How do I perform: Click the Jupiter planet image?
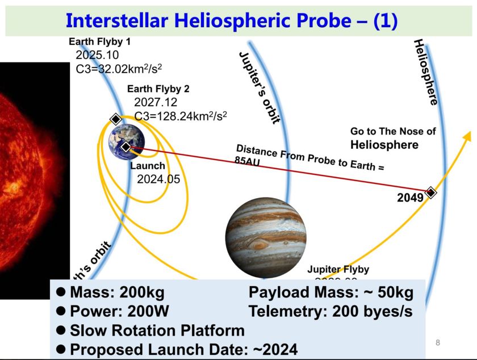click(x=266, y=237)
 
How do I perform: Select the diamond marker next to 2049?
click(x=430, y=192)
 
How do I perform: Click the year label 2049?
click(x=410, y=198)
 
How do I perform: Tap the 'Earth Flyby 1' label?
click(x=99, y=41)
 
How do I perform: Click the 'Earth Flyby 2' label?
click(x=158, y=89)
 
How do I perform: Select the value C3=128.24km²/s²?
click(x=181, y=116)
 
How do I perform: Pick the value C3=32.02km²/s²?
click(x=119, y=69)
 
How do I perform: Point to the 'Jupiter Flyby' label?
click(x=338, y=269)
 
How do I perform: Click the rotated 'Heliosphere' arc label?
click(x=426, y=72)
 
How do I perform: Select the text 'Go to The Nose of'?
click(x=393, y=131)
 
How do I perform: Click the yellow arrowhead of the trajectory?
click(x=467, y=136)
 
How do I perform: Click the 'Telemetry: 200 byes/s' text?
click(x=330, y=311)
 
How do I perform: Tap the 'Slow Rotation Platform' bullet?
click(x=157, y=330)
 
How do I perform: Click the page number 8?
click(x=437, y=342)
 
